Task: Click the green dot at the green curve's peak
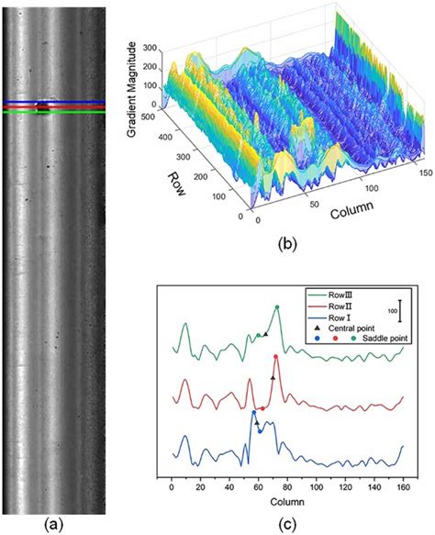click(276, 308)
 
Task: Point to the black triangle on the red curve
click(273, 377)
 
